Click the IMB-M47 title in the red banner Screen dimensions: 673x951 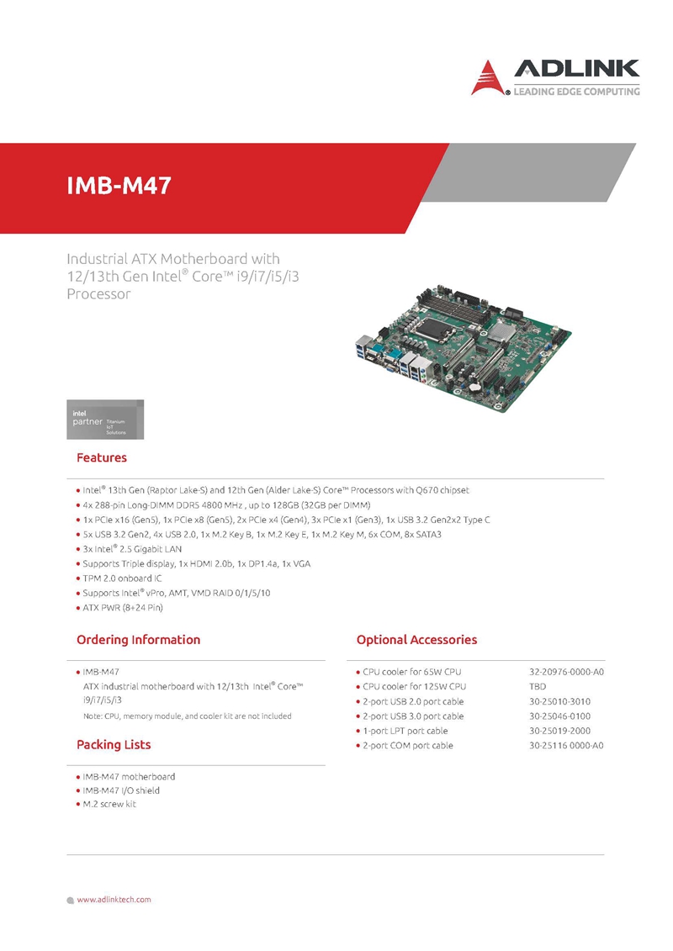pyautogui.click(x=119, y=186)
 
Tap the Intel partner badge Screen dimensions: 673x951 pyautogui.click(x=105, y=419)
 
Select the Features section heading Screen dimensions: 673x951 pyautogui.click(x=101, y=457)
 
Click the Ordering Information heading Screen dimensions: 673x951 pyautogui.click(x=138, y=639)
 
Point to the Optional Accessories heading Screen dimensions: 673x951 pyautogui.click(x=417, y=639)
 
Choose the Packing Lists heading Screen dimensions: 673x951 pyautogui.click(x=114, y=745)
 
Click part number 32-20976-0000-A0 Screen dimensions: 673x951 pyautogui.click(x=566, y=672)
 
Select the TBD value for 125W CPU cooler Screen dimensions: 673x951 pyautogui.click(x=538, y=687)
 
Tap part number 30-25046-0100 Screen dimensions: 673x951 pyautogui.click(x=559, y=716)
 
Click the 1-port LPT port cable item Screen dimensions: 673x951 pyautogui.click(x=405, y=731)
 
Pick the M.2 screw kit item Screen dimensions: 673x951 pyautogui.click(x=109, y=804)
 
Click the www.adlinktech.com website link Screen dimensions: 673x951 pyautogui.click(x=114, y=900)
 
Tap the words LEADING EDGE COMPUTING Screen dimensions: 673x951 pyautogui.click(x=576, y=92)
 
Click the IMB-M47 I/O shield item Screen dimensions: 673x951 pyautogui.click(x=121, y=790)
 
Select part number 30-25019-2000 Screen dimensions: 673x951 pyautogui.click(x=559, y=731)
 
